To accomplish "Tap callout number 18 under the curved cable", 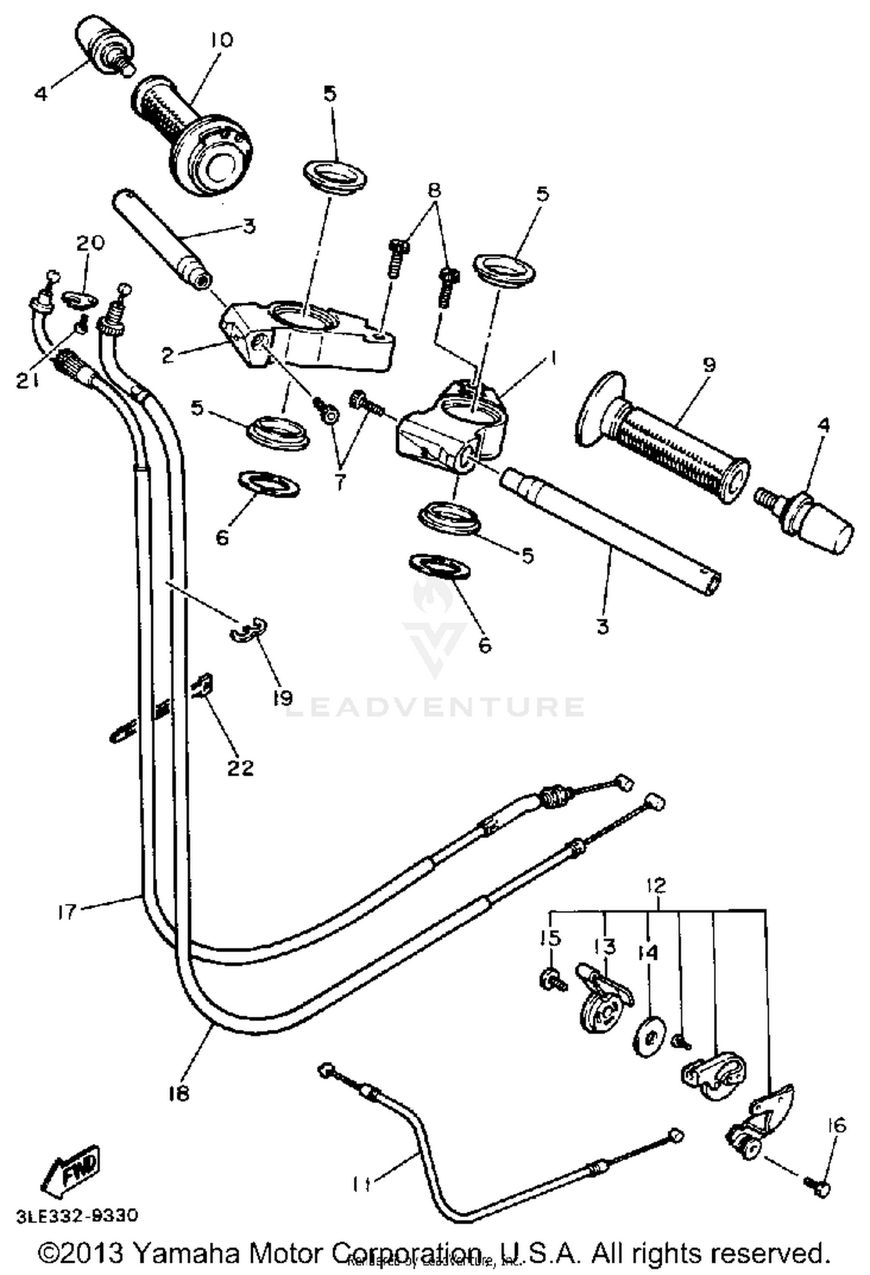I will [180, 1093].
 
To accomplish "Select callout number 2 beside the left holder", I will [168, 355].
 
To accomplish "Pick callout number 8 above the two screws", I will [434, 190].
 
